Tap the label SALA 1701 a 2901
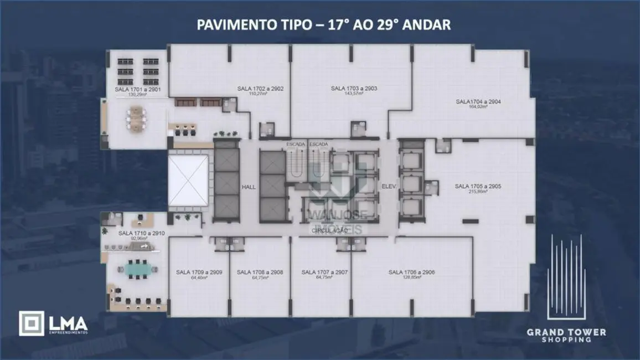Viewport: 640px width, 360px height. click(138, 89)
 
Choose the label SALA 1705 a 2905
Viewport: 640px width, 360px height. click(478, 187)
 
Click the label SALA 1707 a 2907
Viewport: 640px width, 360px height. click(324, 272)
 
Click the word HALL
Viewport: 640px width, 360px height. click(249, 187)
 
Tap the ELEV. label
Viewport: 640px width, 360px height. click(388, 187)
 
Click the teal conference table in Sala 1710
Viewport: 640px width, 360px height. click(137, 270)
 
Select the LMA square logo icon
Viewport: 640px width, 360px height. click(32, 323)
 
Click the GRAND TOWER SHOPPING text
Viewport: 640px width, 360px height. click(566, 336)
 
